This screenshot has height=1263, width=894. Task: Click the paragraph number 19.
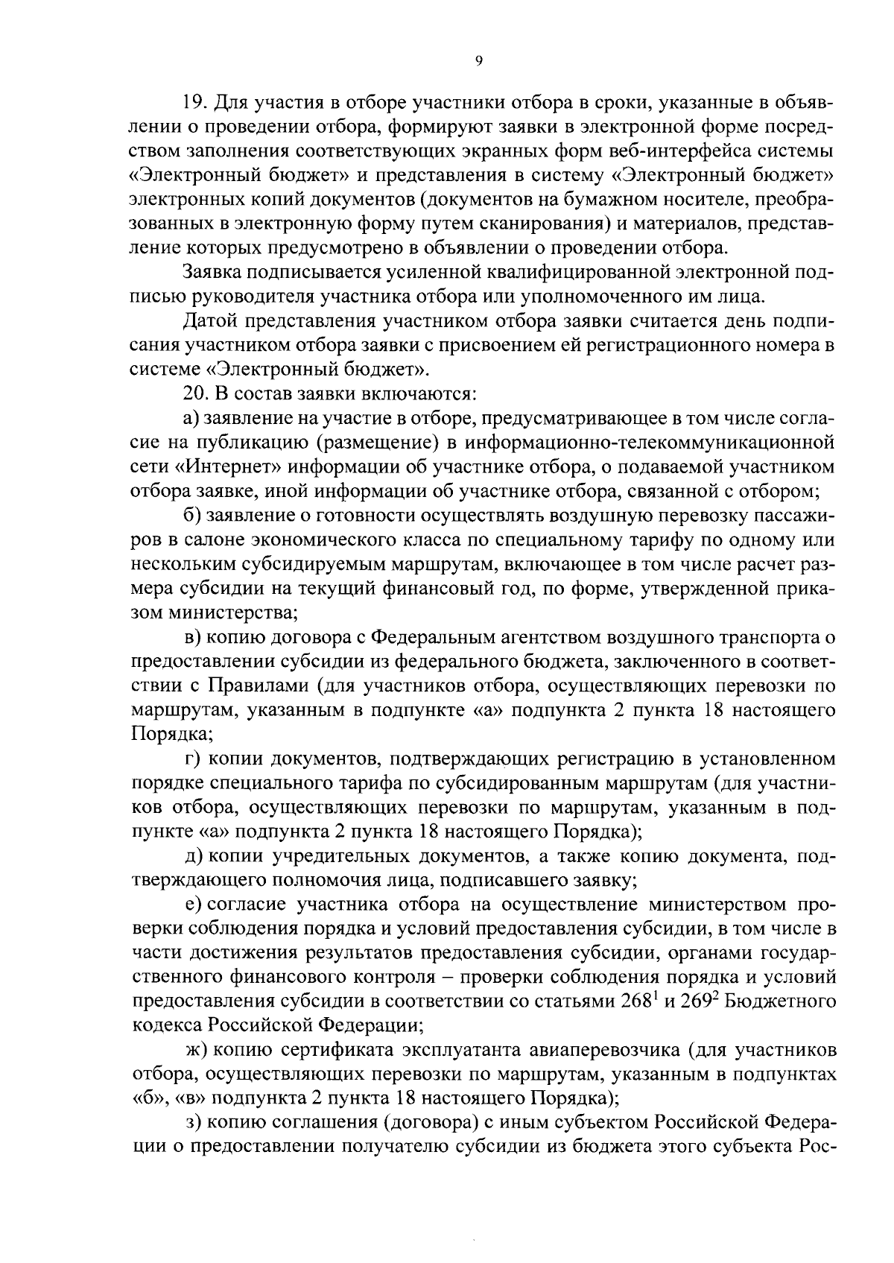[x=196, y=102]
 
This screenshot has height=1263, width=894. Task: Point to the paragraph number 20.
[x=196, y=394]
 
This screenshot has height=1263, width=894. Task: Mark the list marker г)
[x=194, y=759]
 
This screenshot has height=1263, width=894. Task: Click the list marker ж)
[x=196, y=1051]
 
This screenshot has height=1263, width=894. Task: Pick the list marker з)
[x=194, y=1124]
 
